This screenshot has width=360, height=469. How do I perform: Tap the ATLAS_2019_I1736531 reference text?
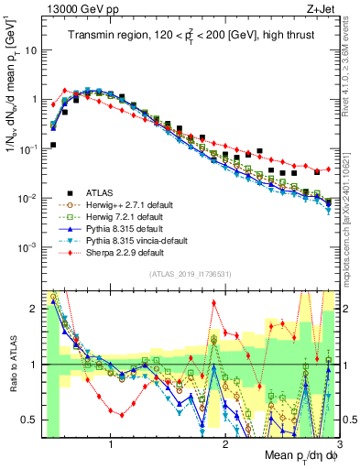click(189, 274)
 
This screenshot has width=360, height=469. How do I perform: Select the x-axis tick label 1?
click(112, 442)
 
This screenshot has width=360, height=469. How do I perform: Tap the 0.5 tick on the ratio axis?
click(28, 420)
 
